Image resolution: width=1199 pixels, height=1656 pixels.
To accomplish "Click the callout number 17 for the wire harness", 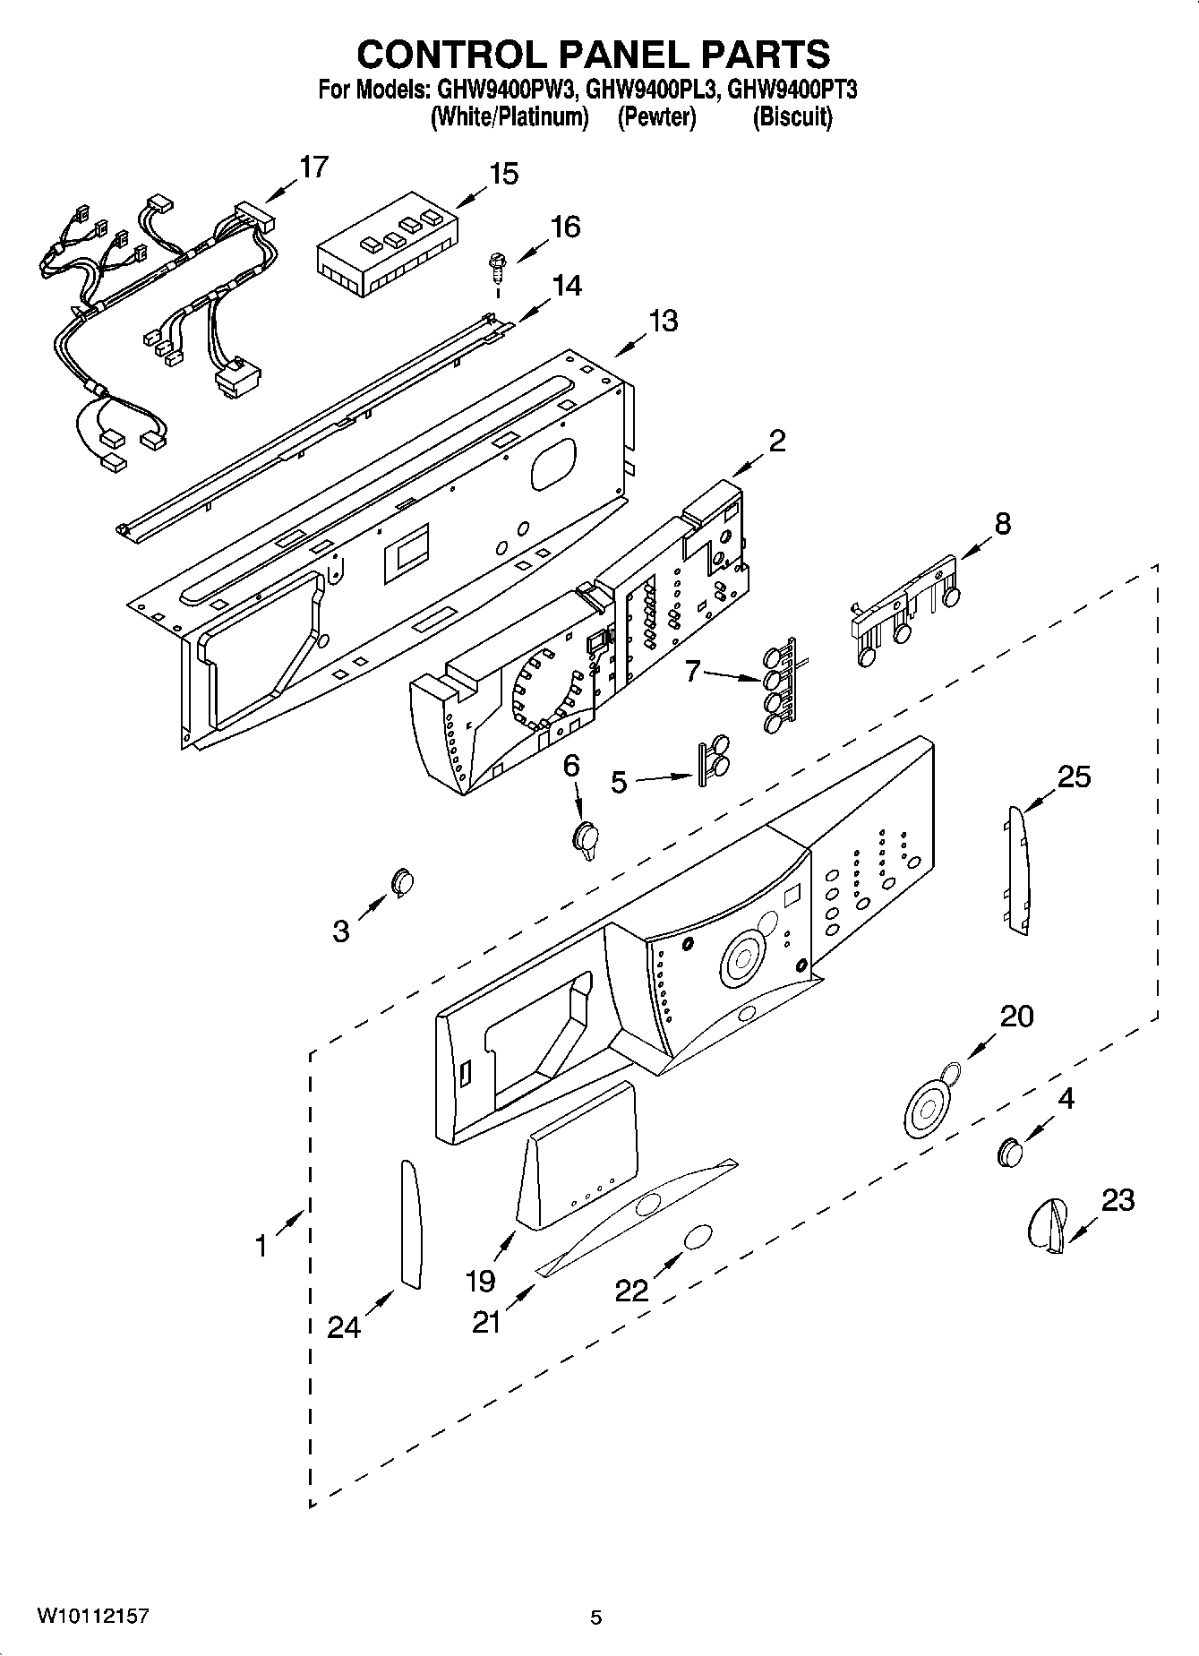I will [x=313, y=167].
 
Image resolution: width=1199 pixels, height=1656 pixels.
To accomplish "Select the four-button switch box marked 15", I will [x=387, y=245].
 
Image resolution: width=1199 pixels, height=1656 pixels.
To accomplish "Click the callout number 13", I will [x=663, y=321].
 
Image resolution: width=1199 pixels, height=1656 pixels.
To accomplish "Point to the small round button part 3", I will [x=402, y=881].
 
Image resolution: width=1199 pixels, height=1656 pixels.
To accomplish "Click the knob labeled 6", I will [x=586, y=840].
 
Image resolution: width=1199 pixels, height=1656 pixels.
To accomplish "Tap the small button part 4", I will [x=1009, y=1152].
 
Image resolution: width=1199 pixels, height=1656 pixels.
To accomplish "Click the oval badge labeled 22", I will [x=698, y=1238].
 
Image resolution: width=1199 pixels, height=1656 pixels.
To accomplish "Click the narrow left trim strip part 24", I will [x=410, y=1223].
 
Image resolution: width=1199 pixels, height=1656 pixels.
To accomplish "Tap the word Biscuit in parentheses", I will [x=792, y=117].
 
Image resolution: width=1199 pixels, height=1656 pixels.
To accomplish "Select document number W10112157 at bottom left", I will [x=92, y=1617].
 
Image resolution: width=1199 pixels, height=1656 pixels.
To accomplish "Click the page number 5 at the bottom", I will [x=596, y=1617].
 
